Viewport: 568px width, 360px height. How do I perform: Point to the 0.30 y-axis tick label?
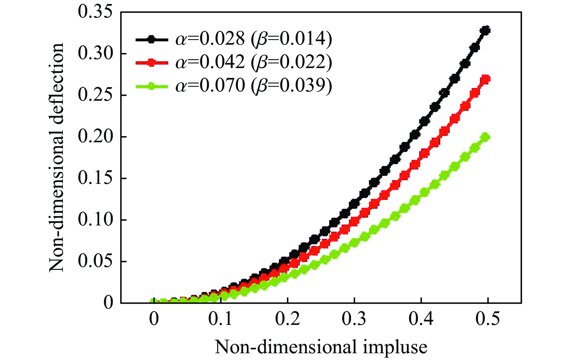click(x=95, y=54)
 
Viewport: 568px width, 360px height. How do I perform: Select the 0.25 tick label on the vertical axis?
click(x=95, y=95)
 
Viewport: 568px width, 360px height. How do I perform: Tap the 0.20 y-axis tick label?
click(x=95, y=137)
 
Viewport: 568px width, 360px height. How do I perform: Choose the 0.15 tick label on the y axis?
click(x=95, y=178)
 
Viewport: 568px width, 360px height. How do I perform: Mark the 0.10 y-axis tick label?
click(x=95, y=220)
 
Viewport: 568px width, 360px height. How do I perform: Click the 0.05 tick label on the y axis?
click(x=95, y=261)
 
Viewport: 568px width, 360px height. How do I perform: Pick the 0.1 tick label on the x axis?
click(x=220, y=319)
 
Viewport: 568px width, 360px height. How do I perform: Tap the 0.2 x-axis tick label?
click(x=287, y=319)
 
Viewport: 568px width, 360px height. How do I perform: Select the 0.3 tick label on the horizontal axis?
click(x=354, y=319)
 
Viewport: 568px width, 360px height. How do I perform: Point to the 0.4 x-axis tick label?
click(x=421, y=319)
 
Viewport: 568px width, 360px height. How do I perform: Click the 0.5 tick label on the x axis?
click(x=488, y=319)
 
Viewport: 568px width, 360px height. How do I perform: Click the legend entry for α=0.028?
click(x=234, y=39)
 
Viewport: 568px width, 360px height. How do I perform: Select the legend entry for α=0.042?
click(x=234, y=63)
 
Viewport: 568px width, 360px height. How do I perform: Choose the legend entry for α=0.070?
click(x=234, y=86)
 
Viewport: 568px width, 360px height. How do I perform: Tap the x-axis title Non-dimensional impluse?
click(x=321, y=347)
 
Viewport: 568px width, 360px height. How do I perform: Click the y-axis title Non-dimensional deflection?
click(x=57, y=157)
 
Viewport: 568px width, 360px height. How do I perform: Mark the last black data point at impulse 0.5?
click(x=486, y=31)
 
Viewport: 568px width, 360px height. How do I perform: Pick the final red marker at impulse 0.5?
click(x=486, y=79)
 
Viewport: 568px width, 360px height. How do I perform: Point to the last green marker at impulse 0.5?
click(x=486, y=137)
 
